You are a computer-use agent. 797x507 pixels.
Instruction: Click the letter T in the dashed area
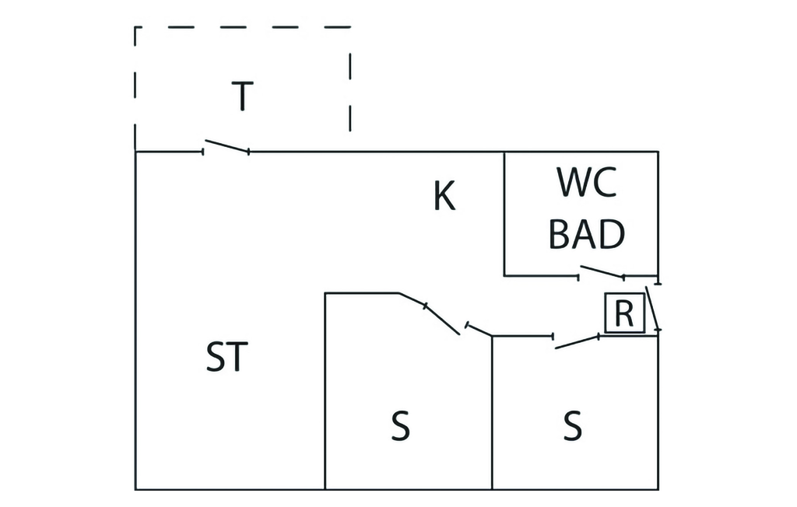tap(243, 96)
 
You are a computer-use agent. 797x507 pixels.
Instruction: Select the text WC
tap(587, 184)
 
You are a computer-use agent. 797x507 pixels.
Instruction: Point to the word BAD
tap(587, 233)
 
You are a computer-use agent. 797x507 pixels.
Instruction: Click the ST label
tap(226, 357)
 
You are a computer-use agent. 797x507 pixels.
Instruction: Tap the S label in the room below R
tap(572, 426)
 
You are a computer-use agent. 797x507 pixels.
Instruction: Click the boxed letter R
tap(624, 314)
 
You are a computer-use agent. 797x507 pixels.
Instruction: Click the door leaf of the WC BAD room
tap(602, 271)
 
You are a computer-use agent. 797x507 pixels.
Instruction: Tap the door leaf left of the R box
tap(577, 341)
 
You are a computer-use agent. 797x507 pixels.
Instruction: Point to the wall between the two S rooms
tap(492, 412)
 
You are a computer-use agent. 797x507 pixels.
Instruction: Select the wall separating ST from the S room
tap(325, 389)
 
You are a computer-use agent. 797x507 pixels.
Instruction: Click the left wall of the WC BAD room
tap(504, 214)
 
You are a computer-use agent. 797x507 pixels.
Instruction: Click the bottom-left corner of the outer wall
tap(135, 489)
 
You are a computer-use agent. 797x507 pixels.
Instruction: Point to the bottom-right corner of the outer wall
tap(658, 489)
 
